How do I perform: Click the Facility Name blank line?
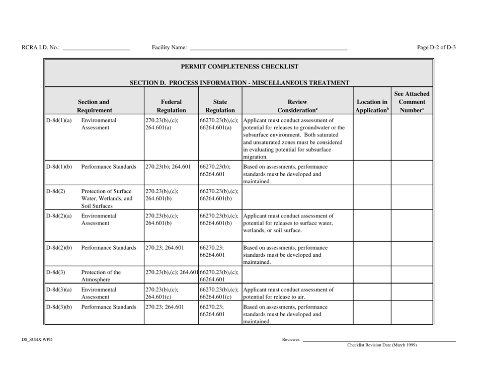268,49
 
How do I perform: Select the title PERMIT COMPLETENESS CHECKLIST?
239,66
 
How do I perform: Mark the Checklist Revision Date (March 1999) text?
382,345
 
